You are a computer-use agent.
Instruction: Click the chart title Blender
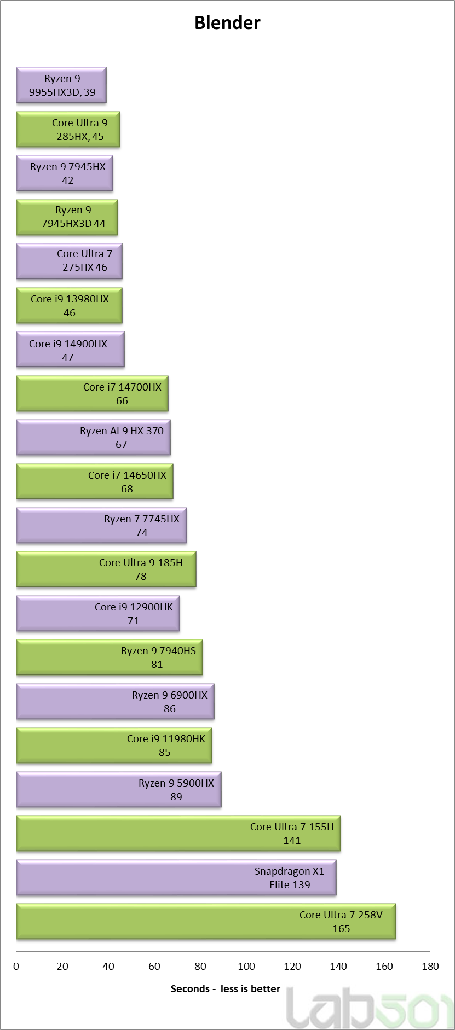(x=227, y=22)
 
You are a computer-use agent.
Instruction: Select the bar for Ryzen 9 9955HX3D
(x=61, y=85)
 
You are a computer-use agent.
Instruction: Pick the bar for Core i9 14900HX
(x=70, y=350)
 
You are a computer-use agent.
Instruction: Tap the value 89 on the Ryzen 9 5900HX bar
(x=176, y=797)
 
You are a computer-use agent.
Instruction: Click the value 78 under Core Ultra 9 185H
(x=141, y=577)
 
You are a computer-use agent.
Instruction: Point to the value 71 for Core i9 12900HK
(x=134, y=621)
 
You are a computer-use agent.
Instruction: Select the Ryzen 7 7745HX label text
(x=142, y=519)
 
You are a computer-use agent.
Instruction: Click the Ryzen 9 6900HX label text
(x=170, y=695)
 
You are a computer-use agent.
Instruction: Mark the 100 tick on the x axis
(x=246, y=967)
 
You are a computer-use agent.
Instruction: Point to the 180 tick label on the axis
(x=430, y=967)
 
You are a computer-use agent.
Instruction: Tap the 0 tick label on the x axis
(x=16, y=967)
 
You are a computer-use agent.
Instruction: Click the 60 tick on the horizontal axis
(x=154, y=967)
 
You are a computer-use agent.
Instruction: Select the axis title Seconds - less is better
(x=226, y=988)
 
